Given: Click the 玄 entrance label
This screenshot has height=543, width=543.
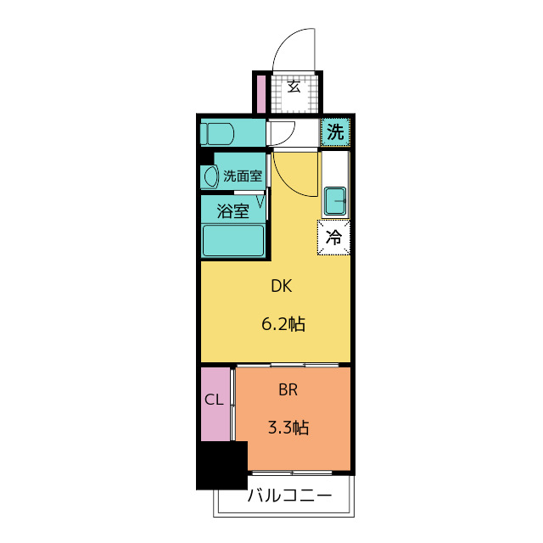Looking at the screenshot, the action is pos(294,87).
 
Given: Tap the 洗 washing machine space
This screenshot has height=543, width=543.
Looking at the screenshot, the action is pos(335,132).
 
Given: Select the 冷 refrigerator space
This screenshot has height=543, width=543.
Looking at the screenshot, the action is pos(333,238).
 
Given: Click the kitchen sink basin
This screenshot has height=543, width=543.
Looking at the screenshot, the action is pos(335,201).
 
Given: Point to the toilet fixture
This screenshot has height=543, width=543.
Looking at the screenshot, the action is pos(217,134).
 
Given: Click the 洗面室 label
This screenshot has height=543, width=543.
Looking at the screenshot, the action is pos(243,176).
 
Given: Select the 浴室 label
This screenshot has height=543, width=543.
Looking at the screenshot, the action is pos(233,211).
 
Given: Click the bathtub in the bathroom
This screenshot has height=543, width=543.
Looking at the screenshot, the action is pos(233,240).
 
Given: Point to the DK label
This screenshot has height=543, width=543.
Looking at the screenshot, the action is pos(281,287).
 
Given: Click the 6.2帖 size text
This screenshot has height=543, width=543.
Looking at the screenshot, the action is pos(283,324).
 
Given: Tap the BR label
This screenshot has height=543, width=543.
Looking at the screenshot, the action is pos(288,390).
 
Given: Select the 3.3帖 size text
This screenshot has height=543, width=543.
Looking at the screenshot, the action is pos(288,428).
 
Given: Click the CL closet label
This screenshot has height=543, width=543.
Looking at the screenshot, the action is pos(214,400).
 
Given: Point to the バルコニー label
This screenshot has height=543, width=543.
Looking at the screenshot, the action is pos(289,495).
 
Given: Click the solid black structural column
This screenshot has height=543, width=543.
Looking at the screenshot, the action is pos(222,465).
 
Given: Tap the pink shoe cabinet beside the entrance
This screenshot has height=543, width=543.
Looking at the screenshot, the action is pos(261,93).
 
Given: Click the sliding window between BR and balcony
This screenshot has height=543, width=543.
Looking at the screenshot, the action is pos(292,473).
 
